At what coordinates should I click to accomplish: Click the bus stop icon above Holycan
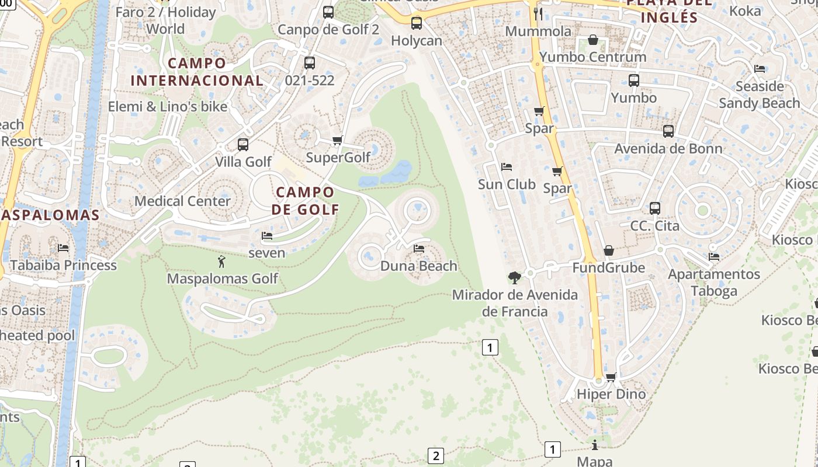pyautogui.click(x=416, y=23)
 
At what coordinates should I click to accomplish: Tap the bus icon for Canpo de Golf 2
pyautogui.click(x=328, y=12)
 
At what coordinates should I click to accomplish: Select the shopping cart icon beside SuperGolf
pyautogui.click(x=337, y=140)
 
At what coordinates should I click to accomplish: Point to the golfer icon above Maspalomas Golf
pyautogui.click(x=221, y=262)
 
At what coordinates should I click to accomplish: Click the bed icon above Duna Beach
pyautogui.click(x=419, y=249)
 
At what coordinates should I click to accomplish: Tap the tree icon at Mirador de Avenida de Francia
pyautogui.click(x=515, y=277)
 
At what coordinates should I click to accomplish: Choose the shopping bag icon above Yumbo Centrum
pyautogui.click(x=592, y=40)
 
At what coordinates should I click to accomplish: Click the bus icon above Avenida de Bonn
pyautogui.click(x=668, y=131)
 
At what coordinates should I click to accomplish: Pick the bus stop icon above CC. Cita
pyautogui.click(x=655, y=208)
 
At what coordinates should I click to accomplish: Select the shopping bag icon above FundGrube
pyautogui.click(x=609, y=250)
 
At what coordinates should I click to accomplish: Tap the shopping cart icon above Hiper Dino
pyautogui.click(x=611, y=377)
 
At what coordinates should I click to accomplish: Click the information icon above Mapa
pyautogui.click(x=595, y=445)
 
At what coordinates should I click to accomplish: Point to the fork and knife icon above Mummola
pyautogui.click(x=538, y=13)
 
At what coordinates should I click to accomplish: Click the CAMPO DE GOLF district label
pyautogui.click(x=305, y=200)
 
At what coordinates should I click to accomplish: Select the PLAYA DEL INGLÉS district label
pyautogui.click(x=669, y=10)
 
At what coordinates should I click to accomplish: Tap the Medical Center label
pyautogui.click(x=182, y=201)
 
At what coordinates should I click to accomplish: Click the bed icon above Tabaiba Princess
pyautogui.click(x=63, y=248)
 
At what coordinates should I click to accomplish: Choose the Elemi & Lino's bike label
pyautogui.click(x=168, y=107)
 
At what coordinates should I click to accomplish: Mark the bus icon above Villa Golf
pyautogui.click(x=243, y=144)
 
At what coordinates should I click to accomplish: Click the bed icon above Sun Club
pyautogui.click(x=507, y=167)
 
